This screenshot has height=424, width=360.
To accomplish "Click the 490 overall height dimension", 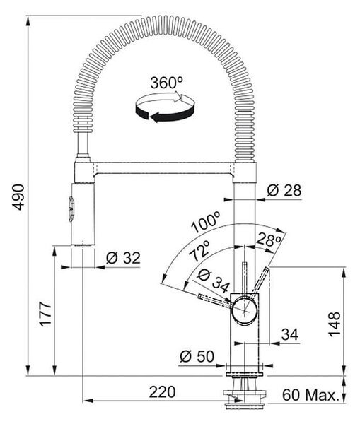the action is pyautogui.click(x=19, y=197).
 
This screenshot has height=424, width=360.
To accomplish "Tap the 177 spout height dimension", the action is pyautogui.click(x=45, y=314).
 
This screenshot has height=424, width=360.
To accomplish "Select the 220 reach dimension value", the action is pyautogui.click(x=162, y=392).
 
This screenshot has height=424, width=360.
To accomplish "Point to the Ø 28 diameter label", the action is pyautogui.click(x=284, y=190).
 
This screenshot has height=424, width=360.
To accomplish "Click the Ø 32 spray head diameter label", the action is pyautogui.click(x=123, y=258).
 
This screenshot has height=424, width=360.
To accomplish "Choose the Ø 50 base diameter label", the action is pyautogui.click(x=197, y=356).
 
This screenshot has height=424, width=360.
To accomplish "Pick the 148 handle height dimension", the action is pyautogui.click(x=335, y=324).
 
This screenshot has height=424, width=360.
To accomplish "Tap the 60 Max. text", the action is pyautogui.click(x=310, y=395).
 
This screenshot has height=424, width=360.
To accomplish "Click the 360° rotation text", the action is pyautogui.click(x=167, y=83).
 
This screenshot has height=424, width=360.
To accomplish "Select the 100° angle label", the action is pyautogui.click(x=206, y=223).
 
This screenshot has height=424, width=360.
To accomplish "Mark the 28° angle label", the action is pyautogui.click(x=268, y=240).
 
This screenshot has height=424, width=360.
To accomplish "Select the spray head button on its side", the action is pyautogui.click(x=71, y=209).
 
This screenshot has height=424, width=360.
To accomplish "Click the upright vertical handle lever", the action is pyautogui.click(x=245, y=278).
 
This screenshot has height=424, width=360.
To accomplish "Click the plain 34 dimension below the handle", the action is pyautogui.click(x=289, y=334).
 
